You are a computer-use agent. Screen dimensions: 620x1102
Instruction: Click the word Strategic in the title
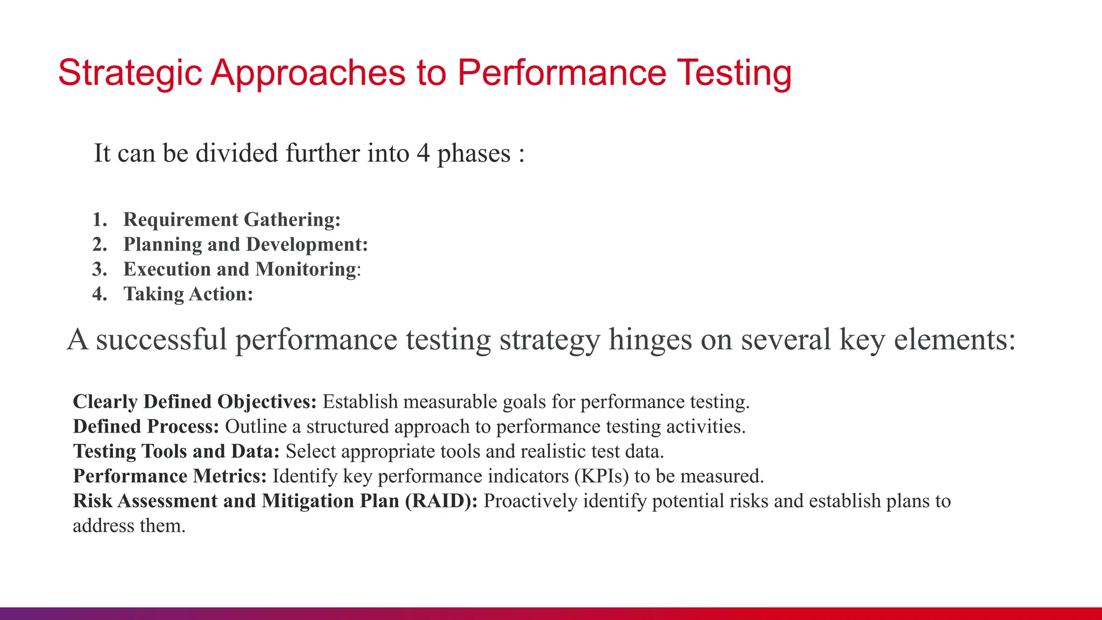pos(130,73)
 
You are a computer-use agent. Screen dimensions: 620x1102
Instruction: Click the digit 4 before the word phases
pos(423,153)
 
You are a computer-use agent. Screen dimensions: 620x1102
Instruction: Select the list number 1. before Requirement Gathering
pos(100,220)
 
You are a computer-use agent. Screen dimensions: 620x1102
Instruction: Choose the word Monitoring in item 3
pos(306,269)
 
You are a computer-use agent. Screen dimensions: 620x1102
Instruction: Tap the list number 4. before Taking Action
pos(100,294)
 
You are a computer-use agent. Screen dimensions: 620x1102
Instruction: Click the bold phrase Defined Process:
pos(146,427)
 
